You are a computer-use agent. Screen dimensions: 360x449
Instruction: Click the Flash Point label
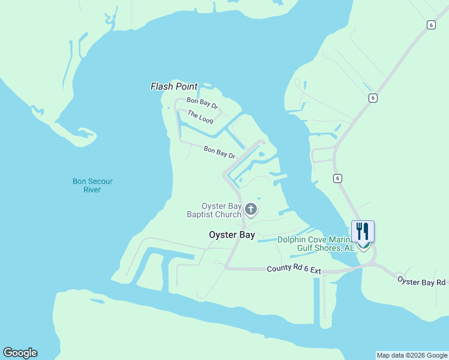coord(173,87)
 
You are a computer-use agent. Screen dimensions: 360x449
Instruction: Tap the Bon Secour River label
coord(92,185)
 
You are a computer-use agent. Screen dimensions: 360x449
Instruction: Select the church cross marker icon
coord(251,209)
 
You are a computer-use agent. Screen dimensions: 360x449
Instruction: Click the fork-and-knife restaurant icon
coord(363,231)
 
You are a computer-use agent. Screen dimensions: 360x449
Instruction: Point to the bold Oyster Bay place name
coord(232,235)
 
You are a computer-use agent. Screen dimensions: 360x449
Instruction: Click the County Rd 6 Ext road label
coord(294,271)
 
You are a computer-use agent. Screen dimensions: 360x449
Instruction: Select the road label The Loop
coord(200,116)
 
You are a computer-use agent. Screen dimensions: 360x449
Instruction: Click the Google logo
coord(20,353)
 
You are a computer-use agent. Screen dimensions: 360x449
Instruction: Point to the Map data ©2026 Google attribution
coord(412,355)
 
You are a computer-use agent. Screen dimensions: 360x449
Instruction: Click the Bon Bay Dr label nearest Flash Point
coord(202,103)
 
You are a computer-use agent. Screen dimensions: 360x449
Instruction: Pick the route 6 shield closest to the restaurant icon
coord(338,178)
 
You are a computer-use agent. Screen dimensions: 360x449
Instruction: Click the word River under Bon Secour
coord(92,190)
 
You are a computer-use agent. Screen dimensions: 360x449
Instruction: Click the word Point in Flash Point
coord(186,87)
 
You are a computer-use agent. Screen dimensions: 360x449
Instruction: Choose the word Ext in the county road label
coord(315,271)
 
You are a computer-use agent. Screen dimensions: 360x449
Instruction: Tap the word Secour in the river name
coord(101,181)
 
